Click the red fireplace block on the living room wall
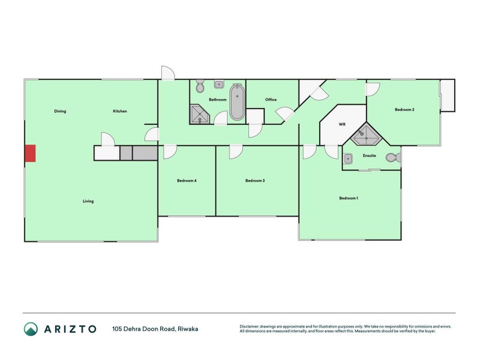click(30, 154)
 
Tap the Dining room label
click(60, 111)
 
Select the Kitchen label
click(120, 111)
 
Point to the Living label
click(88, 201)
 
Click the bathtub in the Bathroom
click(237, 102)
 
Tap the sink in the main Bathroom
click(218, 84)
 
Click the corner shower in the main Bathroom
click(200, 114)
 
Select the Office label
click(271, 100)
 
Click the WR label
click(342, 124)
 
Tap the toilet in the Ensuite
click(394, 158)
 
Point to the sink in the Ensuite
click(348, 159)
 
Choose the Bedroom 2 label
click(404, 110)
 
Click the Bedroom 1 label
click(349, 198)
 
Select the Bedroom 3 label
click(255, 181)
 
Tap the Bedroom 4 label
click(187, 181)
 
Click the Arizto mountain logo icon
click(31, 329)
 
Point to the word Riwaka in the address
click(188, 329)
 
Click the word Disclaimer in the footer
click(249, 326)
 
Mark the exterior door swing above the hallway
click(168, 73)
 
